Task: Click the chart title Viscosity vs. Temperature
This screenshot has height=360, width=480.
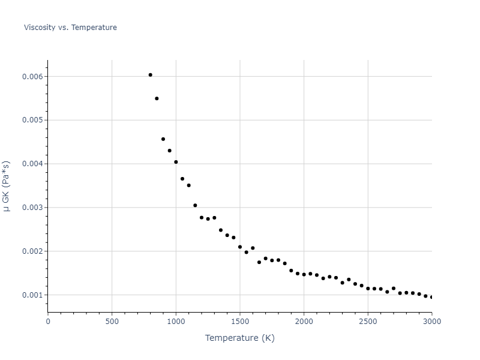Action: coord(70,28)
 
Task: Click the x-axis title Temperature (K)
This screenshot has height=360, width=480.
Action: coord(239,338)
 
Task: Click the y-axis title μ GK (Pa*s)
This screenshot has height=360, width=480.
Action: coord(7,185)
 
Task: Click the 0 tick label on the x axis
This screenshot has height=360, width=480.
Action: coord(48,322)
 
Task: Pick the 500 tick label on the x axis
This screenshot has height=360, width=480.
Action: coord(112,322)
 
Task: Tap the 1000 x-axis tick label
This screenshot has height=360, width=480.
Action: coord(176,322)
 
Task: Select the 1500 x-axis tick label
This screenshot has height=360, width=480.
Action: coord(240,322)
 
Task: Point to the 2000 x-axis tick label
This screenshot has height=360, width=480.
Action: coord(304,322)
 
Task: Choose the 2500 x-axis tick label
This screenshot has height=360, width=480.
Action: coord(368,322)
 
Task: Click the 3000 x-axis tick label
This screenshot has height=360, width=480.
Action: coord(431,322)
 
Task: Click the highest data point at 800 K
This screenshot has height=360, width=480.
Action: coord(150,75)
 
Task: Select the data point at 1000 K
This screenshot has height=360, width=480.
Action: coord(176,162)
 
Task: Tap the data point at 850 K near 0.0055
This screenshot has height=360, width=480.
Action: coord(157,98)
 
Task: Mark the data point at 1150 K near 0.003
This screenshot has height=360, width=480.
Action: coord(195,205)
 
